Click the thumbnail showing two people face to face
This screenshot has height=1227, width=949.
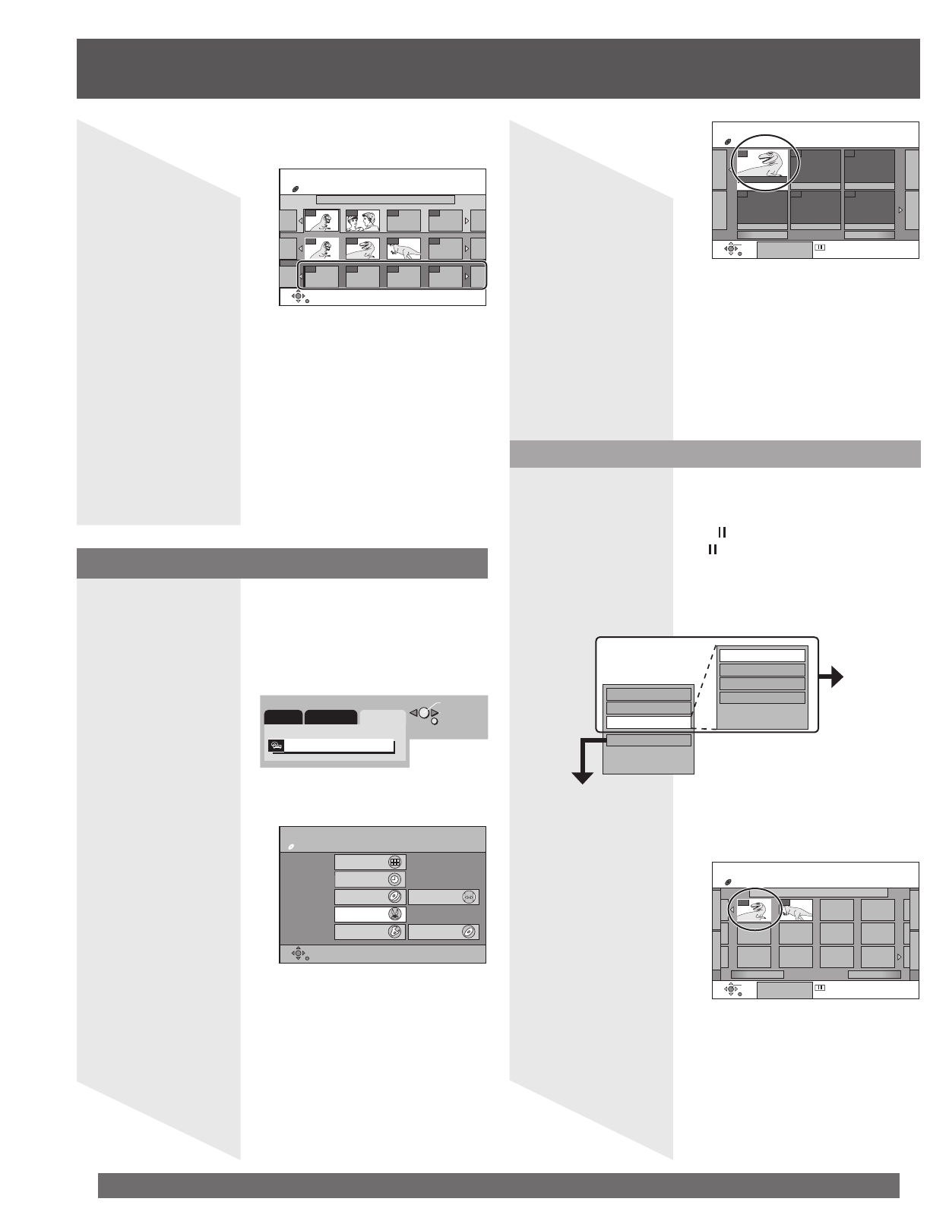[362, 220]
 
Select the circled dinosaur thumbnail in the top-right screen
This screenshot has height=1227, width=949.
[762, 166]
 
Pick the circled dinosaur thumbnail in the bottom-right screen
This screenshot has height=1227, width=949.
[752, 910]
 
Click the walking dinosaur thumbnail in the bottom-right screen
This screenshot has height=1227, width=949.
[796, 910]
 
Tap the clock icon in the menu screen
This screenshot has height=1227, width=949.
[394, 879]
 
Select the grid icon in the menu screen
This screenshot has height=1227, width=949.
[394, 862]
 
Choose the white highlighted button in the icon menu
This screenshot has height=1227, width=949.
[370, 914]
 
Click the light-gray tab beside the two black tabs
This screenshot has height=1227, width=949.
[383, 717]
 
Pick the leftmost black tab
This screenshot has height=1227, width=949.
[283, 717]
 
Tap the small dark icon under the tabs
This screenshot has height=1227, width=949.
[276, 746]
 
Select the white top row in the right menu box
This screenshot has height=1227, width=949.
[761, 655]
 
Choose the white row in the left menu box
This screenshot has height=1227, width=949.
[648, 722]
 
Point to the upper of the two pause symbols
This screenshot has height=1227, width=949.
[712, 535]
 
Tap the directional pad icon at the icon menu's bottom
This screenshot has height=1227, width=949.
[298, 953]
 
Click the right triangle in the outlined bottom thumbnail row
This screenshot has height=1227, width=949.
[467, 276]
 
